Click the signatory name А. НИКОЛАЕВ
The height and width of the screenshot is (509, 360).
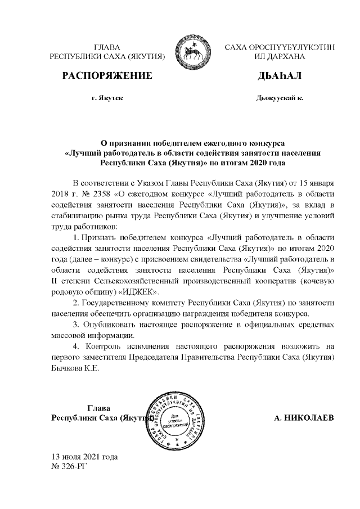coord(303,418)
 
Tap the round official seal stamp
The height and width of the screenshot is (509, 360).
coord(177,419)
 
